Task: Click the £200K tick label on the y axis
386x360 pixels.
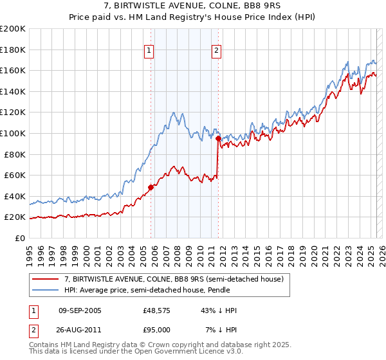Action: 13,29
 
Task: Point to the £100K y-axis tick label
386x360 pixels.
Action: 13,133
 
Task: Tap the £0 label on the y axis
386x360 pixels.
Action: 21,238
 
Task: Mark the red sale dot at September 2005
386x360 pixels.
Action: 151,187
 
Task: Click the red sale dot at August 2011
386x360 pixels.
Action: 219,138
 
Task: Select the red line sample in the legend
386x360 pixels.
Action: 46,279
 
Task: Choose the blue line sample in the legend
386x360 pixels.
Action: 46,290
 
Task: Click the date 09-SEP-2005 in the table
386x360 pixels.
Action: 80,310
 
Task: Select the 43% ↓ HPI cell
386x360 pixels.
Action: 219,310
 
